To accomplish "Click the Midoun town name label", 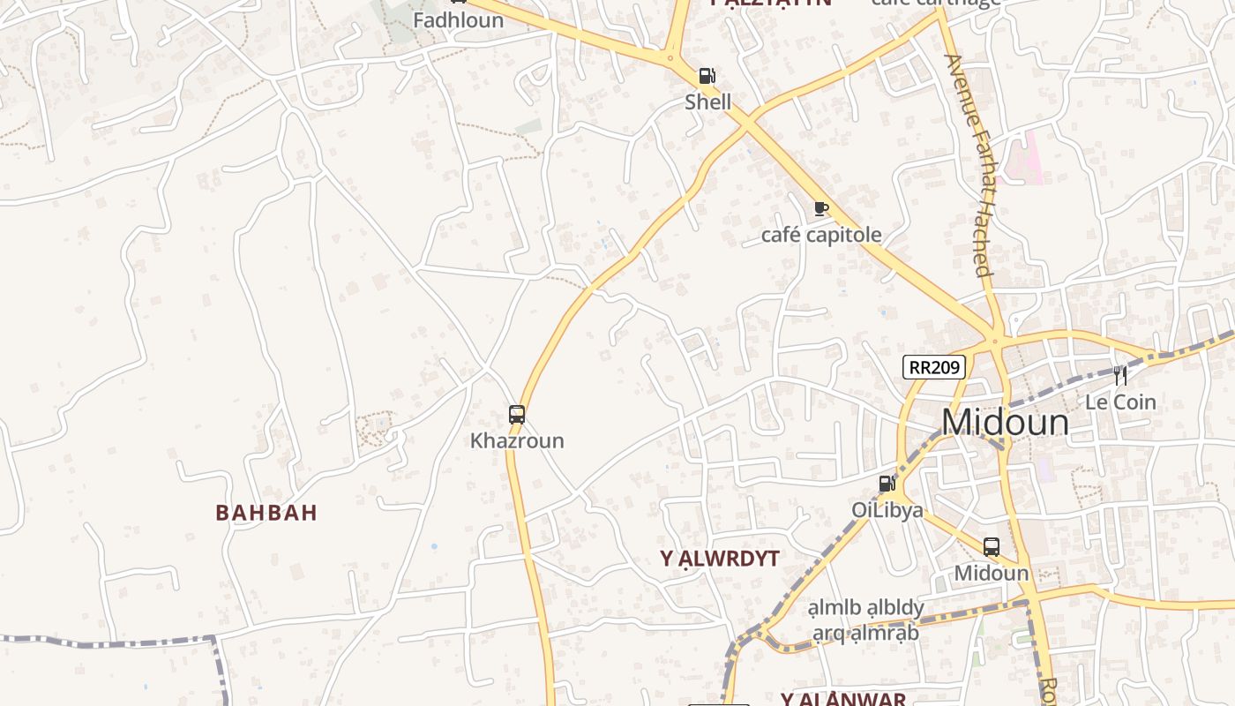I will [x=1005, y=423].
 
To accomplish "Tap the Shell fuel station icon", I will [x=707, y=76].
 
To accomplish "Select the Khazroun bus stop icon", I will [x=517, y=414].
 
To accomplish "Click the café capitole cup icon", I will [x=821, y=209].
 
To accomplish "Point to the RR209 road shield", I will [x=933, y=367].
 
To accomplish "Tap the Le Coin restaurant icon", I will [x=1119, y=375].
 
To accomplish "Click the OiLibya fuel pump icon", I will [x=887, y=484].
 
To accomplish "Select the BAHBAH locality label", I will [x=266, y=513].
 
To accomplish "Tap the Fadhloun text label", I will [x=459, y=19].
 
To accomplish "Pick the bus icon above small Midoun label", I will [x=992, y=546].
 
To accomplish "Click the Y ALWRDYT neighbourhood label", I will [x=720, y=559].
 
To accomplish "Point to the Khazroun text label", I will [x=517, y=440].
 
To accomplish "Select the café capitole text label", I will [x=821, y=235].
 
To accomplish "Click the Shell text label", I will [x=708, y=101].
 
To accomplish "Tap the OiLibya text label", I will [x=887, y=510].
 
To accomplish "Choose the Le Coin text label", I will [x=1120, y=402].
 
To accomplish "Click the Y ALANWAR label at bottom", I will [x=842, y=699].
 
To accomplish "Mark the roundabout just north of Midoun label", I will [x=995, y=340].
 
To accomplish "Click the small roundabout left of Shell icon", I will [x=670, y=59].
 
